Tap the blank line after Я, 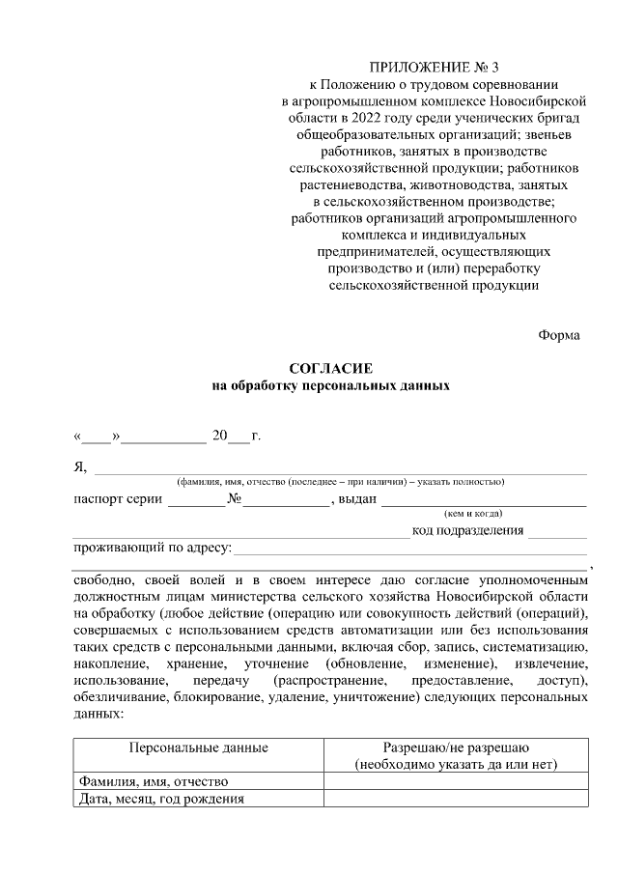point(338,469)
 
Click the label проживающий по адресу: point(153,549)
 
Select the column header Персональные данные point(198,747)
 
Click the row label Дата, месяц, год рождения point(159,799)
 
